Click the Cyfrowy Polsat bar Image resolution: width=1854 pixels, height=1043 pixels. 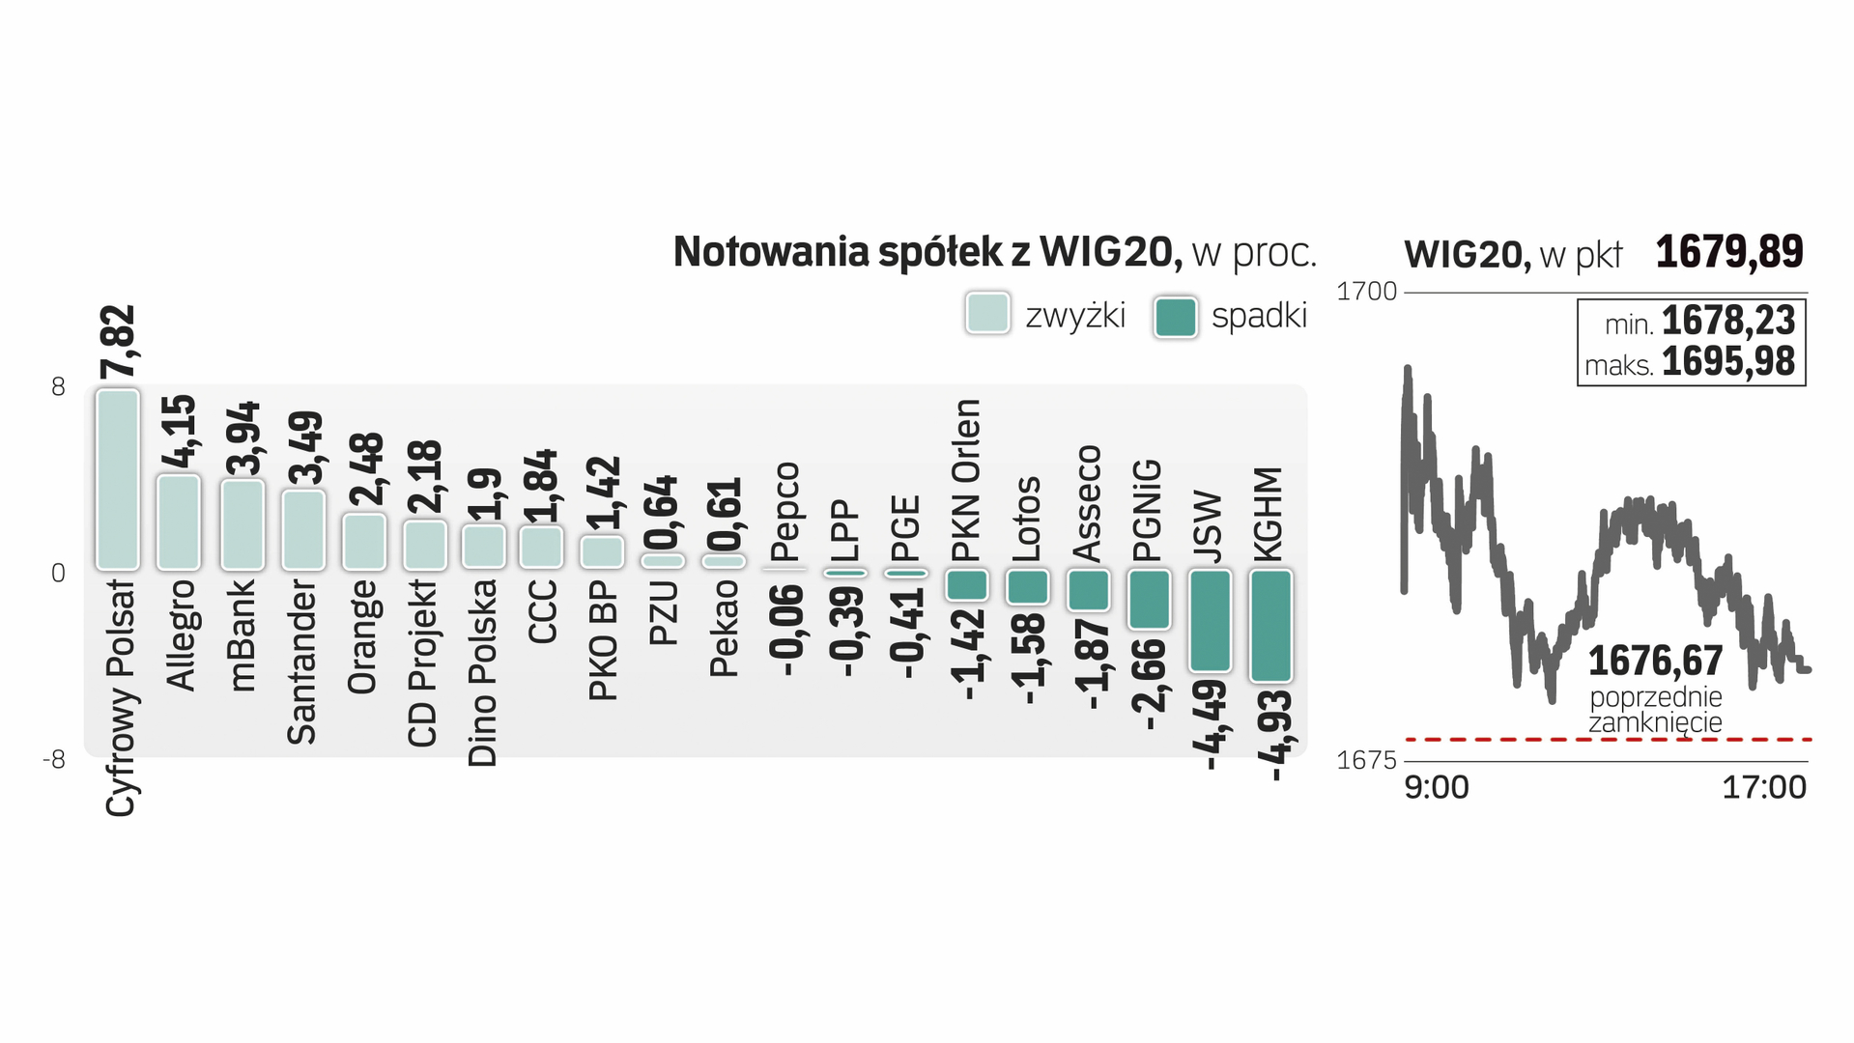click(118, 480)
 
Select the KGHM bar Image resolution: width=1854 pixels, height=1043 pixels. click(1270, 626)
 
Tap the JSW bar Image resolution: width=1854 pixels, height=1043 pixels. click(1210, 620)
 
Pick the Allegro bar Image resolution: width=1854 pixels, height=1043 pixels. click(179, 522)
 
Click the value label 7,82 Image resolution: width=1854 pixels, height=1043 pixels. click(119, 342)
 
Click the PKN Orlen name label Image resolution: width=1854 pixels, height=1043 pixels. click(965, 480)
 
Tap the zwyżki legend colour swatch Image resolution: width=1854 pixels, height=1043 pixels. click(987, 314)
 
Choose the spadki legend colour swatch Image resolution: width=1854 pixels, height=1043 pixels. click(1175, 317)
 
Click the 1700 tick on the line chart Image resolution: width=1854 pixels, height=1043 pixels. click(1366, 292)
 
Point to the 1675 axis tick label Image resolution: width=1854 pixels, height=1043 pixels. click(1366, 760)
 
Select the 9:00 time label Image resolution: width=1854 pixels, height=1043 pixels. click(1436, 788)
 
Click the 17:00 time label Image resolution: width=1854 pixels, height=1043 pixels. click(1763, 788)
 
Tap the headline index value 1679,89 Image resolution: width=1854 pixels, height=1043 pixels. click(1728, 253)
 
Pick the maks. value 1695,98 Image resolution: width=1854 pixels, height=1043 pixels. click(1727, 362)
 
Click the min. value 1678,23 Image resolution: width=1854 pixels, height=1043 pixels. click(1727, 321)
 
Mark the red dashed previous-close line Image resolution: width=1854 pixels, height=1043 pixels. click(1546, 740)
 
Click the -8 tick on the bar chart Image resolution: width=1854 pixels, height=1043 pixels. click(54, 760)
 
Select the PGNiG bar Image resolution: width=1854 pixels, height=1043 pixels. click(1149, 599)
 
